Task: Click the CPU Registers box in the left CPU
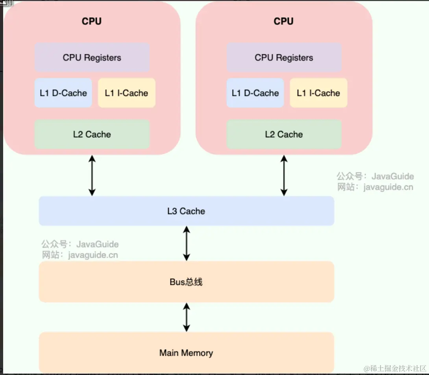92,57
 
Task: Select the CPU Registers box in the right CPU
284,57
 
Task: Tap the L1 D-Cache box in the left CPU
63,93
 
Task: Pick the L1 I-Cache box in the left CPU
126,93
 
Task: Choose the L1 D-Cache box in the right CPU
255,93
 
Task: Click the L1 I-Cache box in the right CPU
318,93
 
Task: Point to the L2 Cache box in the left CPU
92,134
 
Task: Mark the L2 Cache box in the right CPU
284,134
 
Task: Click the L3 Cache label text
186,211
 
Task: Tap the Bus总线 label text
186,282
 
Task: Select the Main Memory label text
186,353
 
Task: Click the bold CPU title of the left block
92,21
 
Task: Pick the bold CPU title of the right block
284,21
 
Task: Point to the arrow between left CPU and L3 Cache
92,175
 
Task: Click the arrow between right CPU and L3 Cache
284,175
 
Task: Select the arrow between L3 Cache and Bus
187,243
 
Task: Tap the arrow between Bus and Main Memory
187,317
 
